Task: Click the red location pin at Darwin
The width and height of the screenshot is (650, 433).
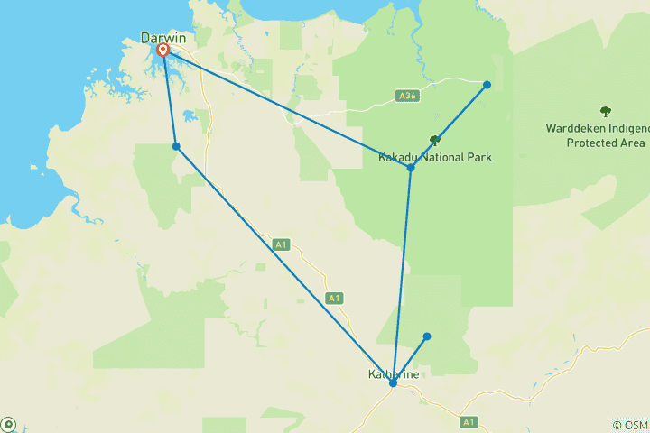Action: [x=163, y=50]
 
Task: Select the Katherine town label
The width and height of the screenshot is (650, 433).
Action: [x=392, y=373]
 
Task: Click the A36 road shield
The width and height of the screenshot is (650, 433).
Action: [x=407, y=95]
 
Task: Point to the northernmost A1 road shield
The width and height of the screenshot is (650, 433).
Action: [x=281, y=244]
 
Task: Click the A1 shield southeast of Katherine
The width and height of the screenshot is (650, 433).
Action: [x=468, y=421]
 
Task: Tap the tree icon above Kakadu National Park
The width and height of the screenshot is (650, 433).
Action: [x=435, y=140]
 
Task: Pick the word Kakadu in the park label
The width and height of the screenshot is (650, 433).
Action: [x=398, y=156]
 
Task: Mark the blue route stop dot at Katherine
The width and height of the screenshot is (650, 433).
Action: [x=393, y=383]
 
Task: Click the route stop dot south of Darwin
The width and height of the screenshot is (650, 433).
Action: [x=176, y=146]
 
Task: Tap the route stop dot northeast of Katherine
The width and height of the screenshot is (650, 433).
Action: [x=427, y=336]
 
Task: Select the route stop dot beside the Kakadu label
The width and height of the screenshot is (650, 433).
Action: [x=411, y=168]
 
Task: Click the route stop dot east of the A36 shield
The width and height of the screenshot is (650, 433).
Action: [x=487, y=85]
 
